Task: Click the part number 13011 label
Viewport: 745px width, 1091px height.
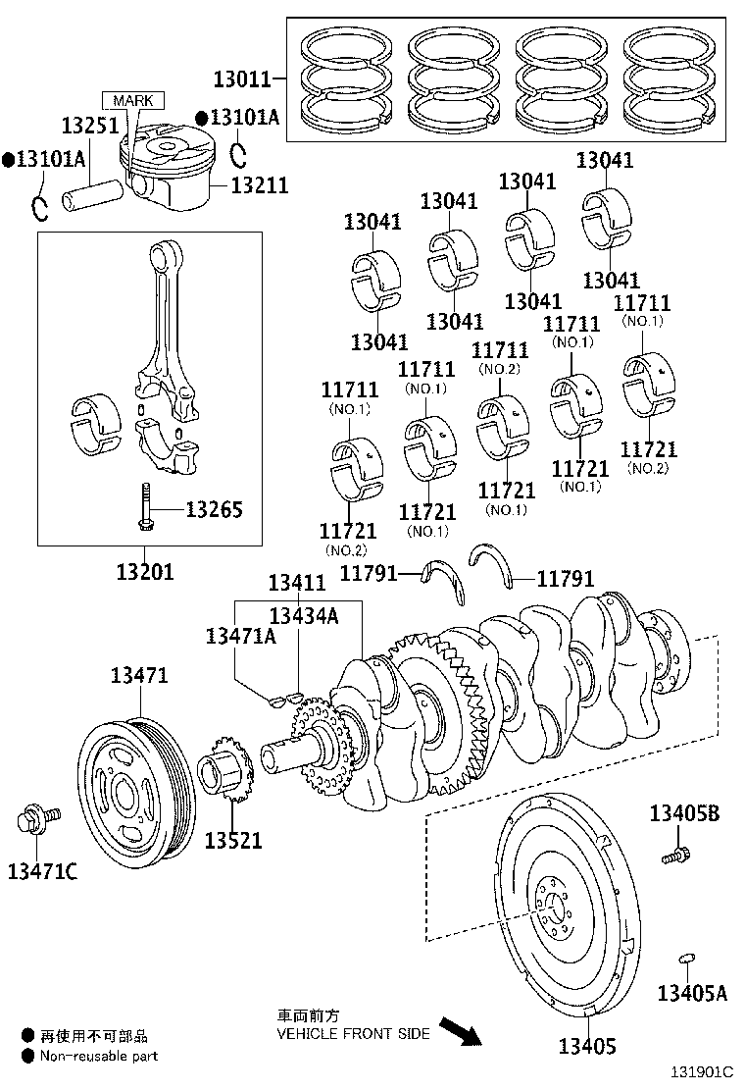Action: pos(242,77)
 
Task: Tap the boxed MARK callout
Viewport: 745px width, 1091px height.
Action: pos(132,100)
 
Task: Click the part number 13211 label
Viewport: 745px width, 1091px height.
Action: pos(260,183)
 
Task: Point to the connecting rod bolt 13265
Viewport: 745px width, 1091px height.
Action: pos(145,507)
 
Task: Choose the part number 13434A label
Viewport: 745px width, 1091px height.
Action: pos(303,615)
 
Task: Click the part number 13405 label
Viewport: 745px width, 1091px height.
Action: pos(587,1046)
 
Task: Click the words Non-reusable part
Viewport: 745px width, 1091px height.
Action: pos(97,1056)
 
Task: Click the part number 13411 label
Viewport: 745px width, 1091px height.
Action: pos(296,583)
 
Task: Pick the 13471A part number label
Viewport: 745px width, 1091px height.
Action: pos(239,636)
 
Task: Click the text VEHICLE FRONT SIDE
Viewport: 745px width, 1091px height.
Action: pos(353,1034)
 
